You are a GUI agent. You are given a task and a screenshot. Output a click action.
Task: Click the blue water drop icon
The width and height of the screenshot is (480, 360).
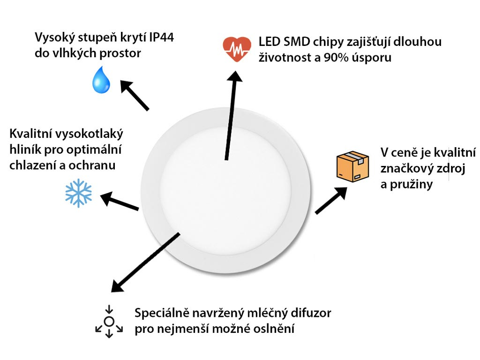[x=101, y=80]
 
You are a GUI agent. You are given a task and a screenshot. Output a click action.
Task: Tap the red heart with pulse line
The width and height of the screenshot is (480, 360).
[x=237, y=49]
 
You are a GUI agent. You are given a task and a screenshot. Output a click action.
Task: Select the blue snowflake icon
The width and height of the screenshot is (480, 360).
[x=78, y=193]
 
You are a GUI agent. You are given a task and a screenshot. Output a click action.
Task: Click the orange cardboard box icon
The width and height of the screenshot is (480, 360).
[x=352, y=166]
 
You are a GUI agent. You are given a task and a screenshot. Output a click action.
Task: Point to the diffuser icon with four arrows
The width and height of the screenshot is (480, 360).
[x=109, y=322]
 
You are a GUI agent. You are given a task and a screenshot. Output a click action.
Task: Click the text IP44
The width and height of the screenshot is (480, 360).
[x=162, y=37]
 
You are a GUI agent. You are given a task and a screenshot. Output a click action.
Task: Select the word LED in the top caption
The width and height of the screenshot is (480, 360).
[x=270, y=42]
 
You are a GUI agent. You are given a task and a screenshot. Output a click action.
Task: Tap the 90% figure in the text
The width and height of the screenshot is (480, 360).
[x=336, y=58]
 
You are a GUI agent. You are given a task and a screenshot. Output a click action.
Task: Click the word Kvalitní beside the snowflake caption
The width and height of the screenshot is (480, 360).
[x=28, y=134]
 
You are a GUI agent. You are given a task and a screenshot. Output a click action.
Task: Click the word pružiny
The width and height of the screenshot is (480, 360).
[x=411, y=185]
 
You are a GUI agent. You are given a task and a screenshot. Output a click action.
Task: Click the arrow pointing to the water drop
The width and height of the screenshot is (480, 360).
[x=135, y=95]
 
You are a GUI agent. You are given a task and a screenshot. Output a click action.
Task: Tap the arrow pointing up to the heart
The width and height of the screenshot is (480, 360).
[x=231, y=115]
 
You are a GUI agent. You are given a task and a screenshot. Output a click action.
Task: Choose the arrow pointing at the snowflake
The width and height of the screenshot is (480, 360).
[x=120, y=201]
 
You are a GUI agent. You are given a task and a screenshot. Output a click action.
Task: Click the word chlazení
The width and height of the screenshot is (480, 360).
[x=33, y=165]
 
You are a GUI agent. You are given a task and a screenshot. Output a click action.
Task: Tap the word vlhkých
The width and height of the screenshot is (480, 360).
[x=71, y=53]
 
